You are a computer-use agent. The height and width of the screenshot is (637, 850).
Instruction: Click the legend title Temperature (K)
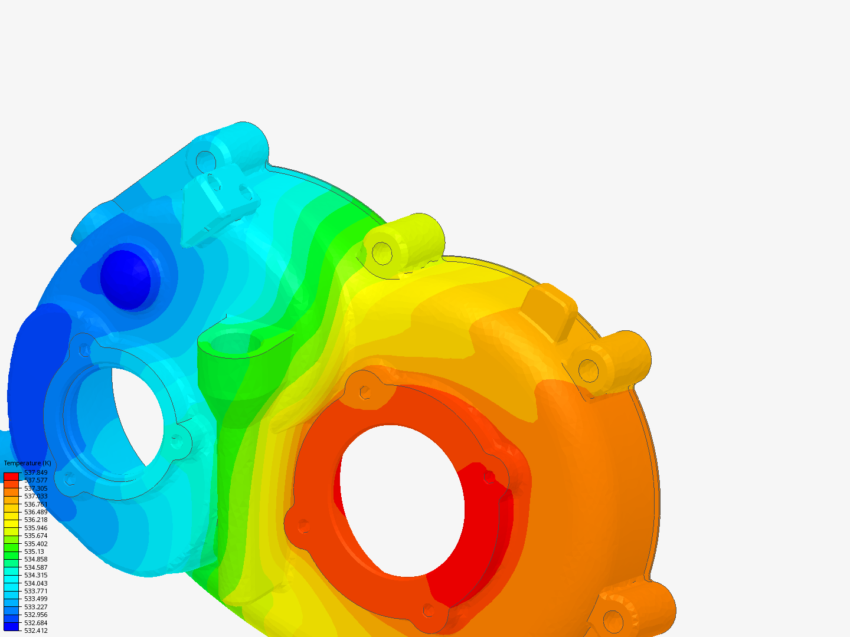pos(27,463)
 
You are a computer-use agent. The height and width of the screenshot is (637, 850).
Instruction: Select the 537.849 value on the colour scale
pos(35,472)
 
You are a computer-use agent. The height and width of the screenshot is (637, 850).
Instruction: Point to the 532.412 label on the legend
pos(35,631)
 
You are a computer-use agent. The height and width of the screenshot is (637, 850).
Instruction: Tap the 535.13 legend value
pos(34,551)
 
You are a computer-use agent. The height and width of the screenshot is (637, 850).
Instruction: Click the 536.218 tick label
pos(35,520)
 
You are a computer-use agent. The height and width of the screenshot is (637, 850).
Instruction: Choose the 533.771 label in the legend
pos(35,591)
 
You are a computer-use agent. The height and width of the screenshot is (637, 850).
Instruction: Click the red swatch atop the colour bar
pos(11,476)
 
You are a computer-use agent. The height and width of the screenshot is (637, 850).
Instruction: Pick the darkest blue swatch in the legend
pos(11,626)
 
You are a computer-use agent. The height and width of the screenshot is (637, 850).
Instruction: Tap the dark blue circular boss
pos(125,279)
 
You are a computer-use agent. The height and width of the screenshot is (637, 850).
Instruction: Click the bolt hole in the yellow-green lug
pos(382,253)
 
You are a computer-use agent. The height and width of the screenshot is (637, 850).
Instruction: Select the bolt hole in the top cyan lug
pos(205,160)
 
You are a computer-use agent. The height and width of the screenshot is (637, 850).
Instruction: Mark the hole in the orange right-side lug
pos(589,370)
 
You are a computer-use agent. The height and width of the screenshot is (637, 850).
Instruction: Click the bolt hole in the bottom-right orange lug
pos(613,621)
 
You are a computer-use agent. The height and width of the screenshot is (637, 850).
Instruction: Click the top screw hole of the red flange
pos(365,391)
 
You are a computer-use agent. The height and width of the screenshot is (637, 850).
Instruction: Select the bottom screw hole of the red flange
pos(429,610)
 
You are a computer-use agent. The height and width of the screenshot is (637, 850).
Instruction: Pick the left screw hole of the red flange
pos(303,524)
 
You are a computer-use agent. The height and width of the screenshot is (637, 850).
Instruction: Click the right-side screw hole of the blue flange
pos(176,439)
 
